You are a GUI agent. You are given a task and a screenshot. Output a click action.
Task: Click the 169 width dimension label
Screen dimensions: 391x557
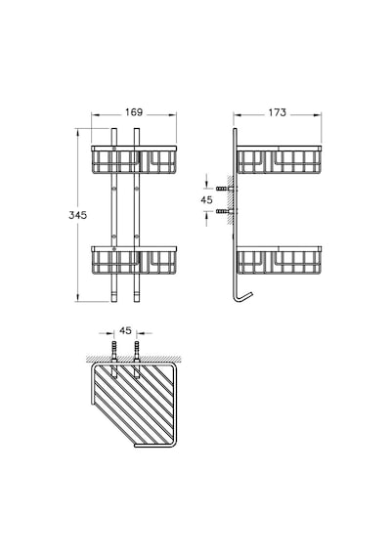point(134,112)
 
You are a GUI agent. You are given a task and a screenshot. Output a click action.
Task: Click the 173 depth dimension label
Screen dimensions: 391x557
point(277,112)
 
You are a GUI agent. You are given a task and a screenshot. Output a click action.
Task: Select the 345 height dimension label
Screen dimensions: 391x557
point(77,215)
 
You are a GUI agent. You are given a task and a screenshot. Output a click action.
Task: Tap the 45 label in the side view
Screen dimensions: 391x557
point(206,199)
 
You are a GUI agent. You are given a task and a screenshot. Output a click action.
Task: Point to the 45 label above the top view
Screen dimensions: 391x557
point(125,330)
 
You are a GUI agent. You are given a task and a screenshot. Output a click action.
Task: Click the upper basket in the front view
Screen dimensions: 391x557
point(134,159)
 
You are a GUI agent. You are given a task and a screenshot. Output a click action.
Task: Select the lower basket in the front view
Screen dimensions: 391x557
point(134,260)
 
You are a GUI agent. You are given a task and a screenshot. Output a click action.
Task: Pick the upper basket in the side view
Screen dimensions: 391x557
point(279,159)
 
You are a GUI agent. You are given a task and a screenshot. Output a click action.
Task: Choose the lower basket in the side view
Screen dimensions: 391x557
point(279,260)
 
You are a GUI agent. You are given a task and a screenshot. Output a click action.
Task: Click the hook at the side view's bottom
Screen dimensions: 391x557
point(242,298)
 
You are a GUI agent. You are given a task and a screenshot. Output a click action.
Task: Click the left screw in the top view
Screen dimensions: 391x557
point(113,359)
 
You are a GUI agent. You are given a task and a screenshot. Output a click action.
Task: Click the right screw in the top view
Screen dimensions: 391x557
point(137,359)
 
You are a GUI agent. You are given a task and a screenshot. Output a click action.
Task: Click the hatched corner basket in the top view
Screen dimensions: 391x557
point(134,405)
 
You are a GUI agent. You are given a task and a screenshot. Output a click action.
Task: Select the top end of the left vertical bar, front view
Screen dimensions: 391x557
point(113,129)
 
